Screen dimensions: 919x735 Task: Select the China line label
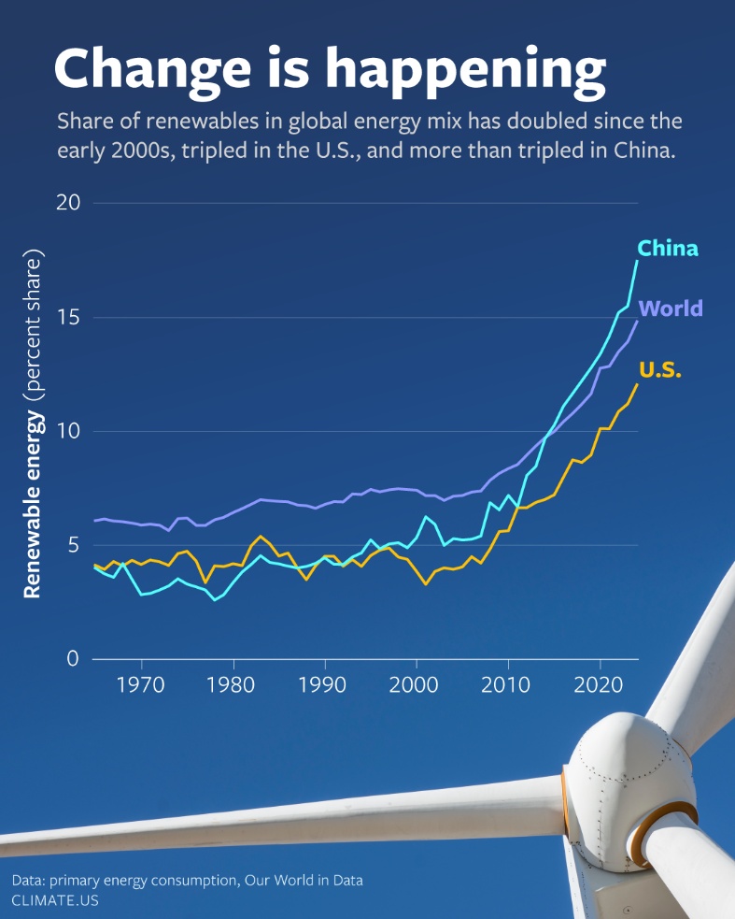click(x=668, y=248)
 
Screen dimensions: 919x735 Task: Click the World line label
click(x=671, y=309)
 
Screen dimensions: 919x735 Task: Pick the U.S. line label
click(x=660, y=370)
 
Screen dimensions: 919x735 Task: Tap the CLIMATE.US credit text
click(x=55, y=900)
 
